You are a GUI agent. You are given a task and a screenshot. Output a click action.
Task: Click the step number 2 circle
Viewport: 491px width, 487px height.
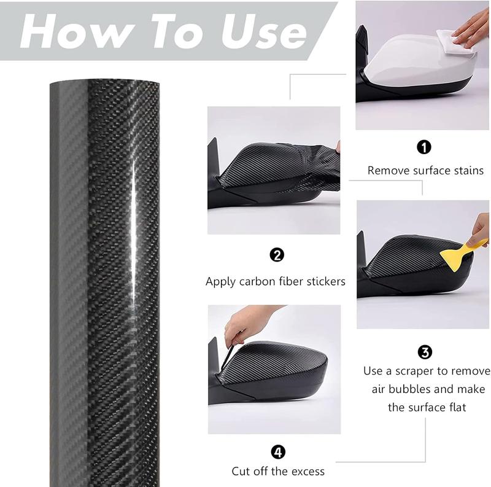[277, 255]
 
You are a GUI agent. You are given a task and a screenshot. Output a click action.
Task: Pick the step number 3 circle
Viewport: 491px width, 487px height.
[425, 352]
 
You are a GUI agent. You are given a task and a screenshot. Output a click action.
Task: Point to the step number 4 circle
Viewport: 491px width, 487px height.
[278, 452]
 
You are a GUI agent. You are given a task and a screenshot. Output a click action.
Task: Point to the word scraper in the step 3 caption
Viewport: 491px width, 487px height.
[423, 371]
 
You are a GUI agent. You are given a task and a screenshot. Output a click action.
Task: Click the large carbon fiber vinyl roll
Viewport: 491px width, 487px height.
[104, 276]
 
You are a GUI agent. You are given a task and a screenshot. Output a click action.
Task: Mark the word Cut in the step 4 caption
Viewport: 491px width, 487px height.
[241, 472]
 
